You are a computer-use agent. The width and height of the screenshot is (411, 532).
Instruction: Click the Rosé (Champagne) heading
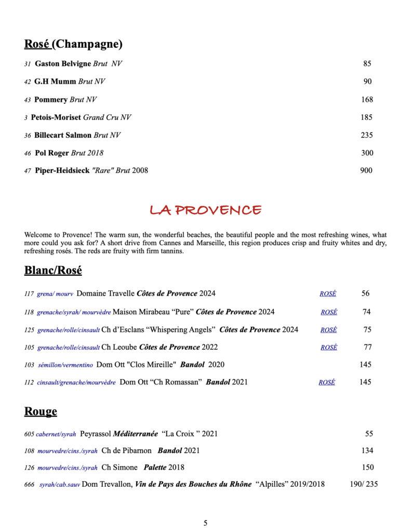point(73,44)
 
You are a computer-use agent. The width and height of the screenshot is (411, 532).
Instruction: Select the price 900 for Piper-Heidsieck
point(366,170)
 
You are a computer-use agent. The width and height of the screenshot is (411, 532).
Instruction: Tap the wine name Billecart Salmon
point(63,135)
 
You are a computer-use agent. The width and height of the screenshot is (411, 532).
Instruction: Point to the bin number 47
point(28,171)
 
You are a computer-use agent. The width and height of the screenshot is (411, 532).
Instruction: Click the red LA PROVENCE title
point(205,210)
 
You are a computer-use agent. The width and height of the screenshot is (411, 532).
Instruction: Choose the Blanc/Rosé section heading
point(53,271)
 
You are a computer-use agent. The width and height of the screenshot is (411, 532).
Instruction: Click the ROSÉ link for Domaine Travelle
point(328,294)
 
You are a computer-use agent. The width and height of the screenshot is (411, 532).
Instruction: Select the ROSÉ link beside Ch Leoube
point(329,348)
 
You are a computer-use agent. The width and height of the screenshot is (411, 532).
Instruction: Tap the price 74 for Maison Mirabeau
point(367,312)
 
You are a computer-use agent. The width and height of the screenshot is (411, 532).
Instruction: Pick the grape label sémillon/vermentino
point(65,365)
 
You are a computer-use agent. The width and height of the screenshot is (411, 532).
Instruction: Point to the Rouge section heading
point(41,412)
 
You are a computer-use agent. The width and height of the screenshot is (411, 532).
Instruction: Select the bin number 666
point(29,485)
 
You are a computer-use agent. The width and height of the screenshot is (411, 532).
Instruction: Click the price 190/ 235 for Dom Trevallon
point(364,484)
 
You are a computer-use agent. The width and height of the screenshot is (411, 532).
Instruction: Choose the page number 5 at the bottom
point(206,523)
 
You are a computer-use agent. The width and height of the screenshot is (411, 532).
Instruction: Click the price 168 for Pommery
point(367,100)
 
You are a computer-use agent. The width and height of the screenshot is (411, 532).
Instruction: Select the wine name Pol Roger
point(51,153)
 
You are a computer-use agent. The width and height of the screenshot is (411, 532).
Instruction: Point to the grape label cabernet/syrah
point(56,434)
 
